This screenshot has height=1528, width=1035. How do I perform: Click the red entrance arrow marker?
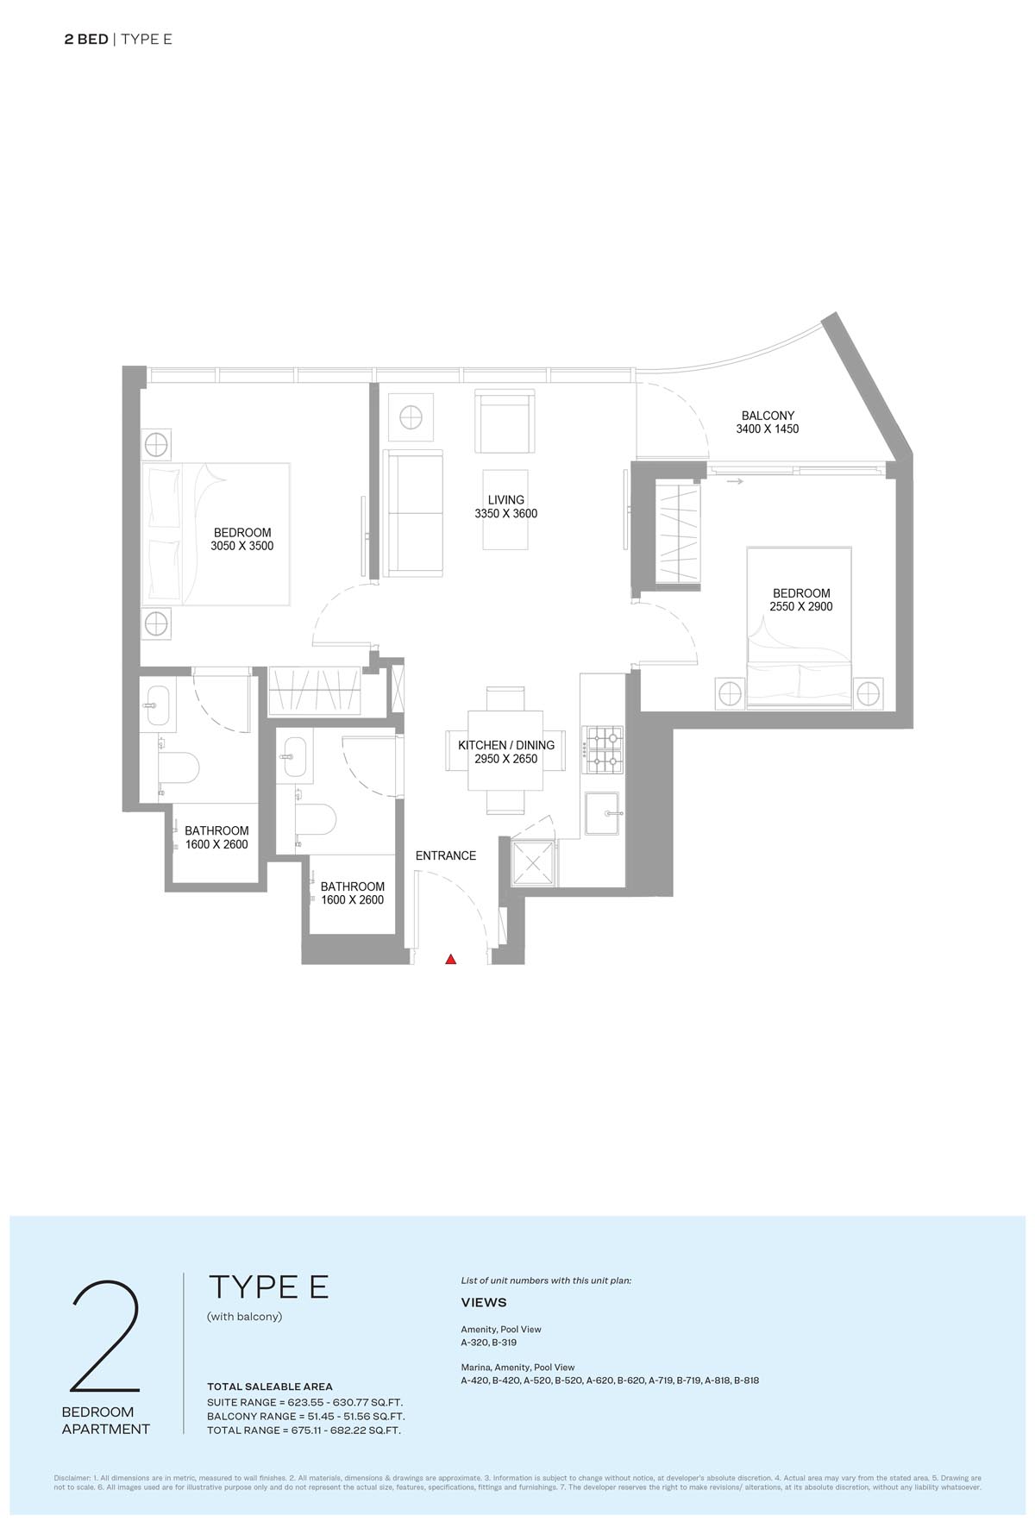coord(450,959)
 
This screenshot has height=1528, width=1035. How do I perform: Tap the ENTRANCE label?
coord(446,856)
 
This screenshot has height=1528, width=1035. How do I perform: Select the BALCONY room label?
coord(768,415)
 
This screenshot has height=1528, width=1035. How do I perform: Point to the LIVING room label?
coord(505,500)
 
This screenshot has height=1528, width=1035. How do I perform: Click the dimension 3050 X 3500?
coord(242,546)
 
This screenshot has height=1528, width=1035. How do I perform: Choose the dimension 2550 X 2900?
coord(801,607)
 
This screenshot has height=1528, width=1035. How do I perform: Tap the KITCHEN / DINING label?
coord(506,746)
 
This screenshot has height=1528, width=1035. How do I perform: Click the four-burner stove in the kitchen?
coord(603,749)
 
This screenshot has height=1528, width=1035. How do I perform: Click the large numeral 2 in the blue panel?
coord(105,1337)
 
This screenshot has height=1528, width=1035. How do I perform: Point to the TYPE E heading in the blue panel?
coord(268,1287)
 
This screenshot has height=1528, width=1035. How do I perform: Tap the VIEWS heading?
coord(484,1302)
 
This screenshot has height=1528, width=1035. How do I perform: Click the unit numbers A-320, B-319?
coord(489,1343)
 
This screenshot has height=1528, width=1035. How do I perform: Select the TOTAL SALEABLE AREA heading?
coord(269,1387)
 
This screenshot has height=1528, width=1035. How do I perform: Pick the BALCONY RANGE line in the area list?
coord(305,1416)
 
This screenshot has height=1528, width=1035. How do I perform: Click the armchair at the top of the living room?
coord(506,421)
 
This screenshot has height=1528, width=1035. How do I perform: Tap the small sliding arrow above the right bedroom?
coord(735,482)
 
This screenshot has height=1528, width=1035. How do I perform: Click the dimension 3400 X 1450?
coord(768,429)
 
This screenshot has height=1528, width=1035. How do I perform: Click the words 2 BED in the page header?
coord(86,39)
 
